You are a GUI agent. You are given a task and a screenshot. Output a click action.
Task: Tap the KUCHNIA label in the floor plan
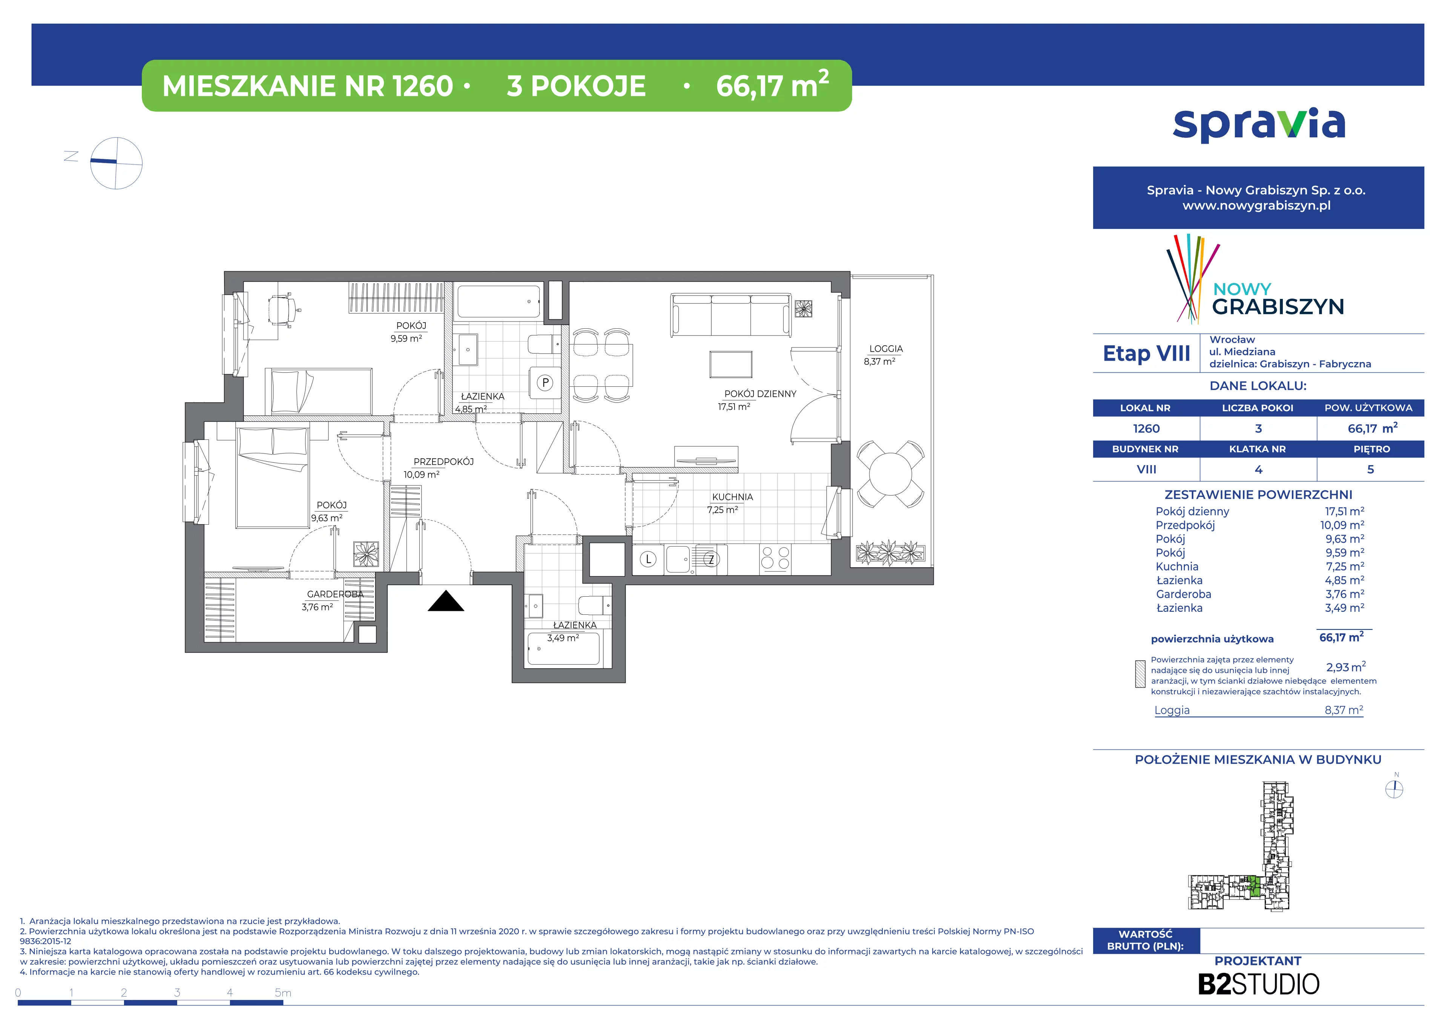[732, 497]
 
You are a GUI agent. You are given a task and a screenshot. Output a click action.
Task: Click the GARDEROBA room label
[335, 594]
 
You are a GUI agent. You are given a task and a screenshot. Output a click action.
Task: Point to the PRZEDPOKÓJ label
[443, 462]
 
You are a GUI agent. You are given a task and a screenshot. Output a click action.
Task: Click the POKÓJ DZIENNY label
[760, 394]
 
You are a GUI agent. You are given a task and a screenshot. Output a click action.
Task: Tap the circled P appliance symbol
[546, 383]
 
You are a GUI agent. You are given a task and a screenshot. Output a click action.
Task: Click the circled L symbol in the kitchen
[648, 559]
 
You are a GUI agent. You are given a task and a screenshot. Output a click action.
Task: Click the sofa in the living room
[731, 315]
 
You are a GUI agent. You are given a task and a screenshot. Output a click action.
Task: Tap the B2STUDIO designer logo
[1258, 984]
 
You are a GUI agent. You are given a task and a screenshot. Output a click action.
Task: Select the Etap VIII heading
[1147, 354]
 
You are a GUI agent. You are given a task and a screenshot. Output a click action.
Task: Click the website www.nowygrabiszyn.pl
[1256, 205]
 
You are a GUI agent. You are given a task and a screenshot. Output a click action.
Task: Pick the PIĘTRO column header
[1372, 449]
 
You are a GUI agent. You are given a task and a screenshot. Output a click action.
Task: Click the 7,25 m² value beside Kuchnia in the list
[1345, 567]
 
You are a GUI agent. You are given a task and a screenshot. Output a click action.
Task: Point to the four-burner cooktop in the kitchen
[775, 559]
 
